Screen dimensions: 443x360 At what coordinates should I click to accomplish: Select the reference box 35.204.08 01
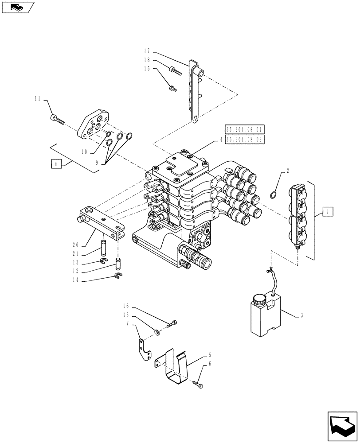coord(245,130)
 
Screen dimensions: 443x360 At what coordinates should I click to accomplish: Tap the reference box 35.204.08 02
coord(245,139)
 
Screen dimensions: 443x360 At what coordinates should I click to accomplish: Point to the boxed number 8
coord(55,164)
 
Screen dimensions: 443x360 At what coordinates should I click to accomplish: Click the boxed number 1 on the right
coord(326,212)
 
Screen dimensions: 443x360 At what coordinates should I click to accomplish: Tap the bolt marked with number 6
coord(199,386)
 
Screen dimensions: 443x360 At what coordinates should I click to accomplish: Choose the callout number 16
coord(126,306)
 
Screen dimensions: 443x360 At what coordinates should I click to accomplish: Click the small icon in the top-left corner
coord(17,7)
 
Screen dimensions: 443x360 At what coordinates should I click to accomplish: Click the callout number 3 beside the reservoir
coord(302,315)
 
